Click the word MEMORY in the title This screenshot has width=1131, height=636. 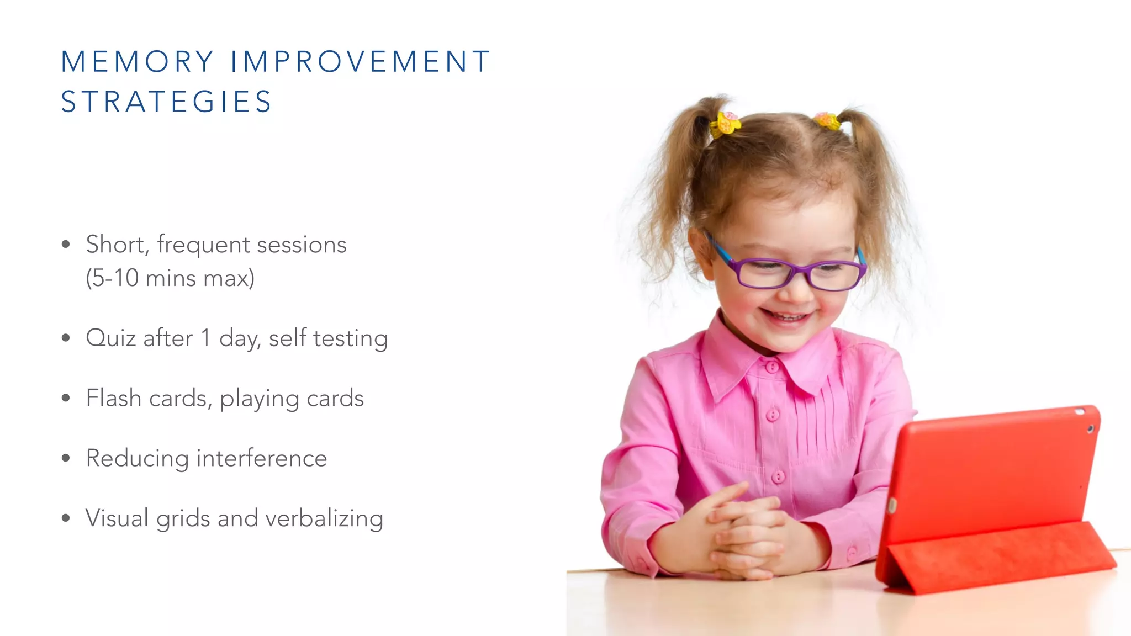coord(137,61)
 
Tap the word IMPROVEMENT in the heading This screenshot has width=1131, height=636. coord(360,61)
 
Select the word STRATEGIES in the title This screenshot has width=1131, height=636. coord(166,102)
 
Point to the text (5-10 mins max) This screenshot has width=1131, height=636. coord(170,278)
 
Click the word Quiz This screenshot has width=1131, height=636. coord(110,338)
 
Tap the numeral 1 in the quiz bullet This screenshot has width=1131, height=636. coord(205,338)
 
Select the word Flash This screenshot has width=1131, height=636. coord(113,398)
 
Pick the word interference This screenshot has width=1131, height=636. coord(262,458)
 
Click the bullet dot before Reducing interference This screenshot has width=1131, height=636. coord(66,458)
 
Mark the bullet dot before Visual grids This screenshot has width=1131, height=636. coord(66,518)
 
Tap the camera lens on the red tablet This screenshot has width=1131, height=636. coord(1090,429)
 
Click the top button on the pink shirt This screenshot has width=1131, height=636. coord(771,366)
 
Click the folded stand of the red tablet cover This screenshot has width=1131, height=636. coord(994,558)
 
